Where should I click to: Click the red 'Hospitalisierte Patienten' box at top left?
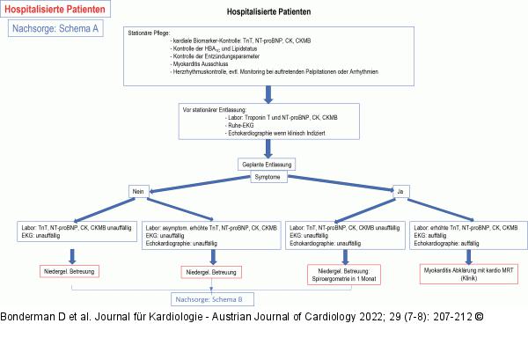click(x=59, y=10)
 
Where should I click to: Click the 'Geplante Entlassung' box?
click(x=268, y=164)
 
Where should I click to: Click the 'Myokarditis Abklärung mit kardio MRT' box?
click(x=467, y=276)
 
